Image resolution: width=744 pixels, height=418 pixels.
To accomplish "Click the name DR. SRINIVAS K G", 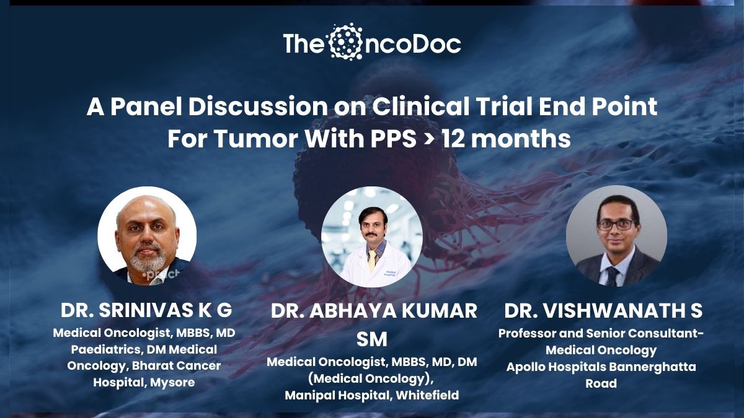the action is click(146, 310).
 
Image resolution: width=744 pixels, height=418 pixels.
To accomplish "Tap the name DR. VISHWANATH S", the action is click(603, 311).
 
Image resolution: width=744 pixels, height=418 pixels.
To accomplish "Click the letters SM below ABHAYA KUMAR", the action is click(371, 339).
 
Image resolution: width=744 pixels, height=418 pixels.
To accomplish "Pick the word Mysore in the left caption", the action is click(172, 383).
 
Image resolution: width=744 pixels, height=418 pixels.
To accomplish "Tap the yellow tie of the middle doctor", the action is click(373, 259).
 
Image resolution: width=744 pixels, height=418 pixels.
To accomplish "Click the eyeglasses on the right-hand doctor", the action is click(616, 225).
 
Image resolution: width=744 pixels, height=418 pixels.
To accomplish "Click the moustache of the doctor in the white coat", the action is click(371, 235).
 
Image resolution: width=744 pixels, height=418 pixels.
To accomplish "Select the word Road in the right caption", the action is click(601, 383).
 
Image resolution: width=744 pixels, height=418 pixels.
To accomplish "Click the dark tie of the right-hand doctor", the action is click(612, 276).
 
